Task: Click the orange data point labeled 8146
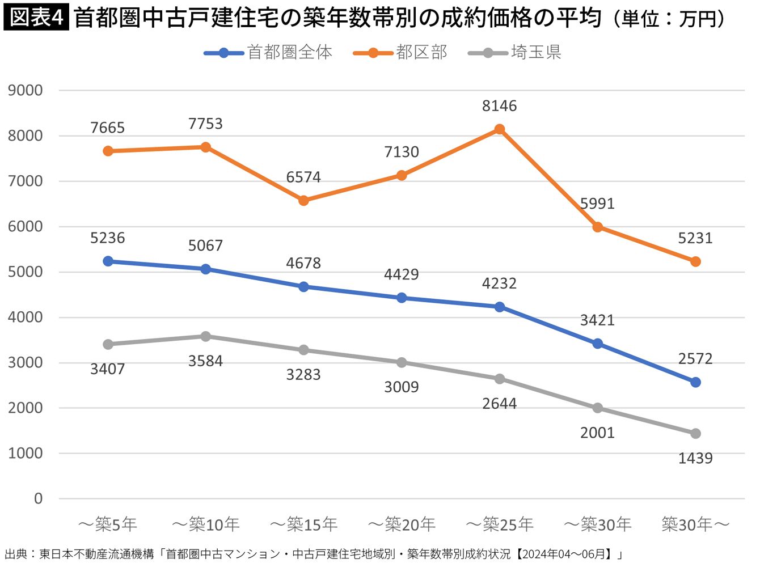point(499,129)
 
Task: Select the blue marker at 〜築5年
point(108,261)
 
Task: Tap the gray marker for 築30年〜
point(695,434)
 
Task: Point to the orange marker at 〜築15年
point(303,201)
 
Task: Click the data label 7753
point(205,124)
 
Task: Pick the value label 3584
point(205,361)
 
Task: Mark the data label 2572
point(695,358)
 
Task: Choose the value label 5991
point(597,204)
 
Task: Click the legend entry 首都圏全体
point(269,53)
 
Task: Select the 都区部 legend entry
point(400,53)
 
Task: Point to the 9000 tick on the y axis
point(26,91)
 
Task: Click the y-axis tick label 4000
point(26,318)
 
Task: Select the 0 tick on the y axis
point(38,499)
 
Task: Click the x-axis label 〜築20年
point(402,524)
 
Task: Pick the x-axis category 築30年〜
point(695,524)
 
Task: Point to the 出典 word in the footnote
point(16,554)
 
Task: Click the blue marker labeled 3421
point(597,344)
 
